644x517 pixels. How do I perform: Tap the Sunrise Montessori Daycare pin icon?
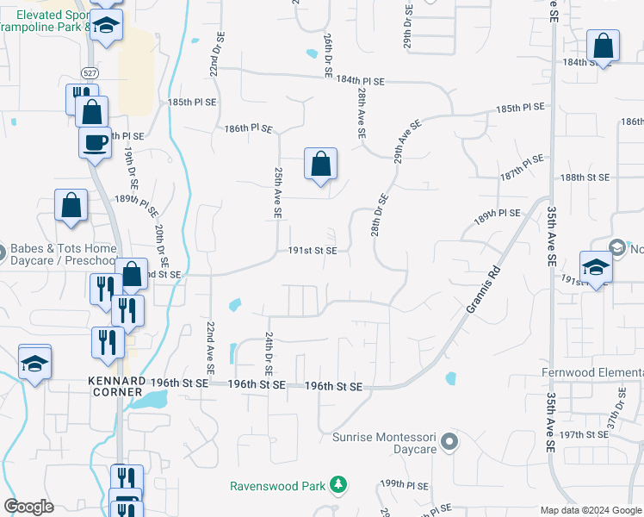(449, 443)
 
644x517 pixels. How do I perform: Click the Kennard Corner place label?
(116, 386)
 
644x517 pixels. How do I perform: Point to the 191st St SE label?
(318, 251)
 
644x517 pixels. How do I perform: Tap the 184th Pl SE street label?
(360, 80)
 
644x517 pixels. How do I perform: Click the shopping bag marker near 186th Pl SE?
(320, 163)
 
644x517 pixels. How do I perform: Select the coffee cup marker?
(95, 141)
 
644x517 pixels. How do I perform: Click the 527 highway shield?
(90, 72)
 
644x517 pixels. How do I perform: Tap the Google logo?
(28, 507)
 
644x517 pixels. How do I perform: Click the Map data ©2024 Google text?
(591, 510)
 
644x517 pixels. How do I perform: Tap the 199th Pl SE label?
(406, 484)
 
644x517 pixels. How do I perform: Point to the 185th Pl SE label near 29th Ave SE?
(520, 108)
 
